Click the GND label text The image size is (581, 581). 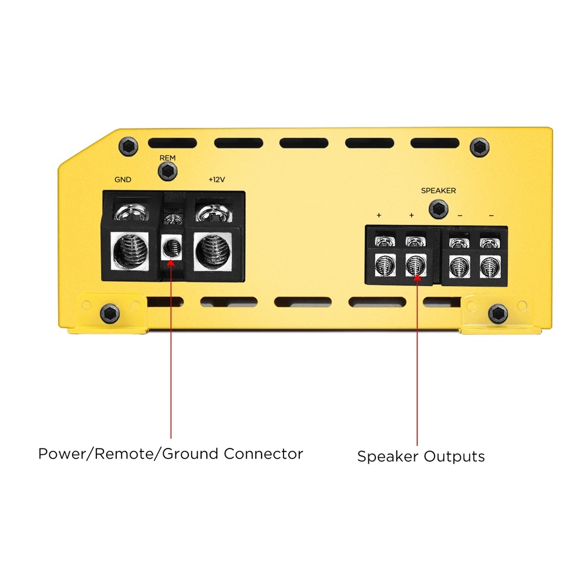click(x=123, y=180)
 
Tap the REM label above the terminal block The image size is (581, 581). click(x=167, y=158)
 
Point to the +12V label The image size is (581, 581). click(x=217, y=180)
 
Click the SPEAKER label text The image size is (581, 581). click(x=438, y=191)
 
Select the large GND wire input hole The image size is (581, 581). click(x=130, y=252)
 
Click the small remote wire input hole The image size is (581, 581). click(x=171, y=248)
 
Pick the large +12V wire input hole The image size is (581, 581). click(x=213, y=252)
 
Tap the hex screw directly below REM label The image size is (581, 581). click(x=167, y=171)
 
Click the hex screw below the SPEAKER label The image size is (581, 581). click(x=438, y=209)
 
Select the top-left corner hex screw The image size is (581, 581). click(x=128, y=146)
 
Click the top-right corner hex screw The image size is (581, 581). click(x=479, y=147)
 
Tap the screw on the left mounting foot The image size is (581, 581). click(x=110, y=314)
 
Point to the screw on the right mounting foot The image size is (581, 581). click(x=498, y=314)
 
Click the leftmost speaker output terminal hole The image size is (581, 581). click(x=385, y=266)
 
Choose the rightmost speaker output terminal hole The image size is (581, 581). click(x=490, y=267)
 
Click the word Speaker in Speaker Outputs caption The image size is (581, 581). click(x=388, y=457)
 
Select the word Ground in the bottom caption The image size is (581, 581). click(x=190, y=454)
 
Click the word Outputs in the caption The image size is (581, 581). click(x=454, y=457)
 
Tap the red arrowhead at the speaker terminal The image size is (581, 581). click(x=417, y=277)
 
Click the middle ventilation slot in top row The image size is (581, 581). click(x=304, y=143)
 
